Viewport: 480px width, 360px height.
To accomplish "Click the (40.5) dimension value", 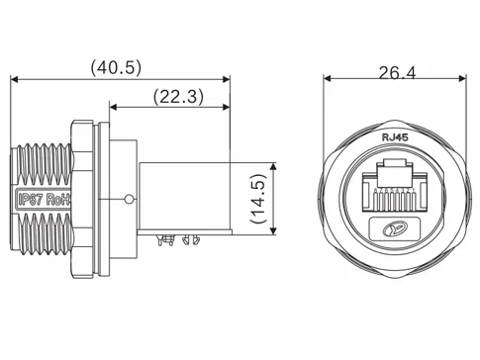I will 117,68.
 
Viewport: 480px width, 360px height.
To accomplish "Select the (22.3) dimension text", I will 178,97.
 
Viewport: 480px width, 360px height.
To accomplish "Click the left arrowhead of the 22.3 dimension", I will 112,107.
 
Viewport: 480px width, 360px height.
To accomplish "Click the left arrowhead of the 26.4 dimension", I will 329,82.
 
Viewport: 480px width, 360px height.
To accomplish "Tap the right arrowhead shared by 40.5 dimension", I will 227,79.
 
